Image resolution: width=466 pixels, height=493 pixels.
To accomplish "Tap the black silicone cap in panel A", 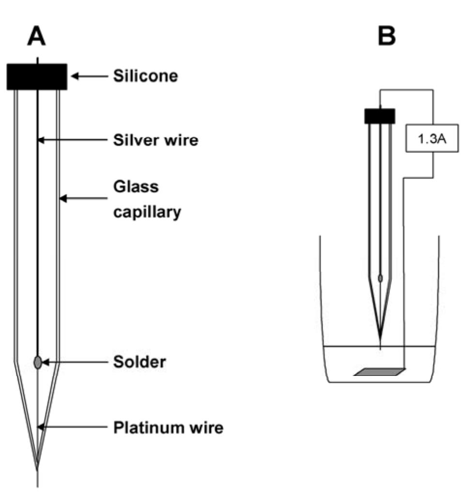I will [37, 76].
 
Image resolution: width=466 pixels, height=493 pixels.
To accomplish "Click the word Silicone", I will [144, 76].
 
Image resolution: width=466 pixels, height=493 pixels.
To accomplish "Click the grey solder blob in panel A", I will [38, 362].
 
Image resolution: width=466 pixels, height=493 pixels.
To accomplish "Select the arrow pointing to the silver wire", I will [73, 140].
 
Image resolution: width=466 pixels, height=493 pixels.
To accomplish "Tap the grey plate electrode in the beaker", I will [380, 372].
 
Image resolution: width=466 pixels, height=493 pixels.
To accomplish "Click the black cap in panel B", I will [380, 116].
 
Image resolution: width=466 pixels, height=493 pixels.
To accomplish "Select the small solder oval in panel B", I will [380, 278].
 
